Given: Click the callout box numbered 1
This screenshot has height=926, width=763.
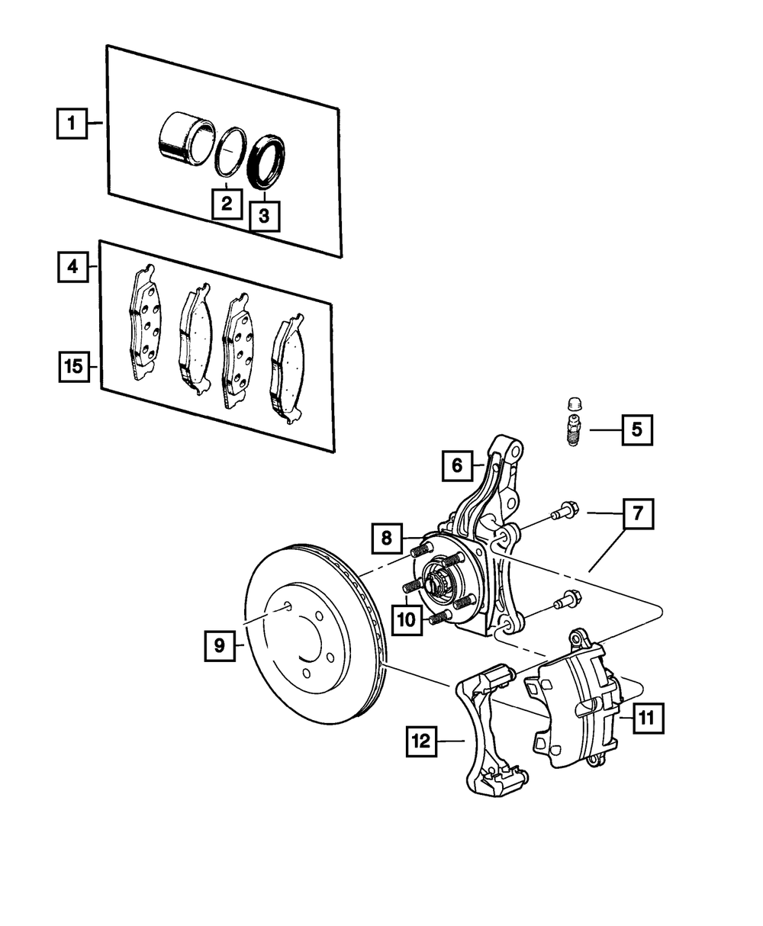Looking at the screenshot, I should (x=72, y=123).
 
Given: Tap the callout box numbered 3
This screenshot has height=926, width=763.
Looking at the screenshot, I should (x=264, y=215).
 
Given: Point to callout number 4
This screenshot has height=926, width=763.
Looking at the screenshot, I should (x=72, y=267).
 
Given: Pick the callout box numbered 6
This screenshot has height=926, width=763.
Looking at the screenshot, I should (x=457, y=465).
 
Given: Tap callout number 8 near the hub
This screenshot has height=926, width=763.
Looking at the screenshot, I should (x=388, y=539).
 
